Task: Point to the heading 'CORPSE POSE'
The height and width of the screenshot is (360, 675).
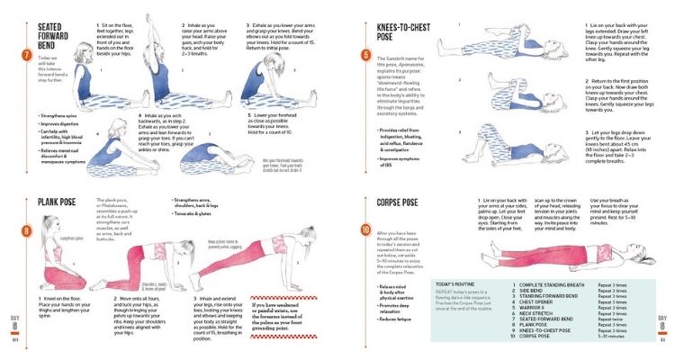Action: click(x=407, y=202)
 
